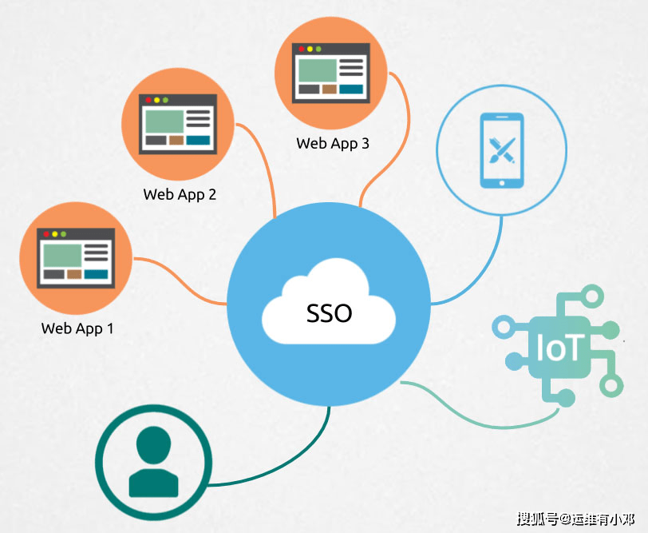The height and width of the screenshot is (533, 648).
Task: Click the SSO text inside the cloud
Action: pyautogui.click(x=329, y=313)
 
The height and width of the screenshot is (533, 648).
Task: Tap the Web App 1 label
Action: pyautogui.click(x=77, y=328)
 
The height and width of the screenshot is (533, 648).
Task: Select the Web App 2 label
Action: pyautogui.click(x=180, y=194)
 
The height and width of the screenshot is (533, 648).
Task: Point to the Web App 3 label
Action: pyautogui.click(x=333, y=144)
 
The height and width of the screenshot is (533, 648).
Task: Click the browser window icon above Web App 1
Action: pyautogui.click(x=76, y=258)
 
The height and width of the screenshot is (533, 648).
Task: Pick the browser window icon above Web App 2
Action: pyautogui.click(x=178, y=124)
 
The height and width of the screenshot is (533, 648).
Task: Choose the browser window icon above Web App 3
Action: pyautogui.click(x=331, y=73)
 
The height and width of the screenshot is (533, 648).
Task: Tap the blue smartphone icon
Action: pyautogui.click(x=502, y=150)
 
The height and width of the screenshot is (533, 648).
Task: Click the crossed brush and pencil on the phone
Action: pyautogui.click(x=502, y=149)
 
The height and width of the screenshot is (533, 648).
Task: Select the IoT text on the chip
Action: pyautogui.click(x=560, y=347)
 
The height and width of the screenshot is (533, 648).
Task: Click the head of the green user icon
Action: pyautogui.click(x=153, y=445)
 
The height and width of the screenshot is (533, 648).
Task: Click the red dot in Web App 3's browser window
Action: pyautogui.click(x=302, y=49)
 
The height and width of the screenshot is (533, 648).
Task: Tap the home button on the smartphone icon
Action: pyautogui.click(x=502, y=183)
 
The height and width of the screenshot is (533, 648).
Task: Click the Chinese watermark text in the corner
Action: pyautogui.click(x=575, y=519)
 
